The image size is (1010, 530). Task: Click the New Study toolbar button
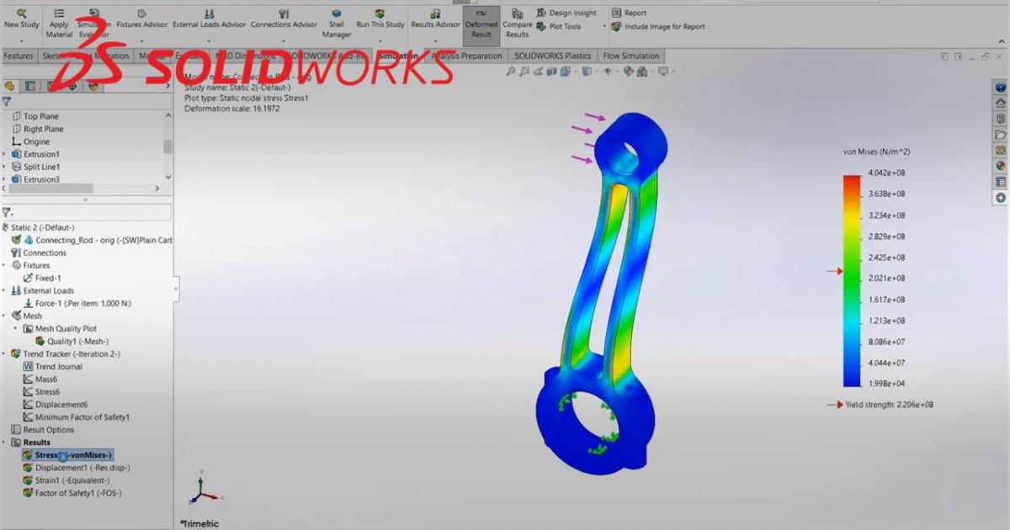(22, 19)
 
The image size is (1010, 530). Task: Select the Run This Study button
(380, 19)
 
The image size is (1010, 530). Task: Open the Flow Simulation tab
(630, 56)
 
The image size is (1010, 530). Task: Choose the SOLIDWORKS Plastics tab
(552, 56)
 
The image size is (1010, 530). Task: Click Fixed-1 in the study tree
(48, 278)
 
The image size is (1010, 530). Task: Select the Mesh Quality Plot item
(66, 329)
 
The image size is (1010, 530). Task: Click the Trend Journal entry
(58, 367)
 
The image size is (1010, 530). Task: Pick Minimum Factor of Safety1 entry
(82, 417)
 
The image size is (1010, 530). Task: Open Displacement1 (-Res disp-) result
(82, 468)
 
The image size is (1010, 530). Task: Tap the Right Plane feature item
(43, 129)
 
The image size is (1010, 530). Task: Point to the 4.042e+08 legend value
(886, 173)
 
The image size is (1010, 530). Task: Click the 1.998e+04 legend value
(886, 384)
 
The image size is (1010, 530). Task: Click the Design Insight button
(572, 13)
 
